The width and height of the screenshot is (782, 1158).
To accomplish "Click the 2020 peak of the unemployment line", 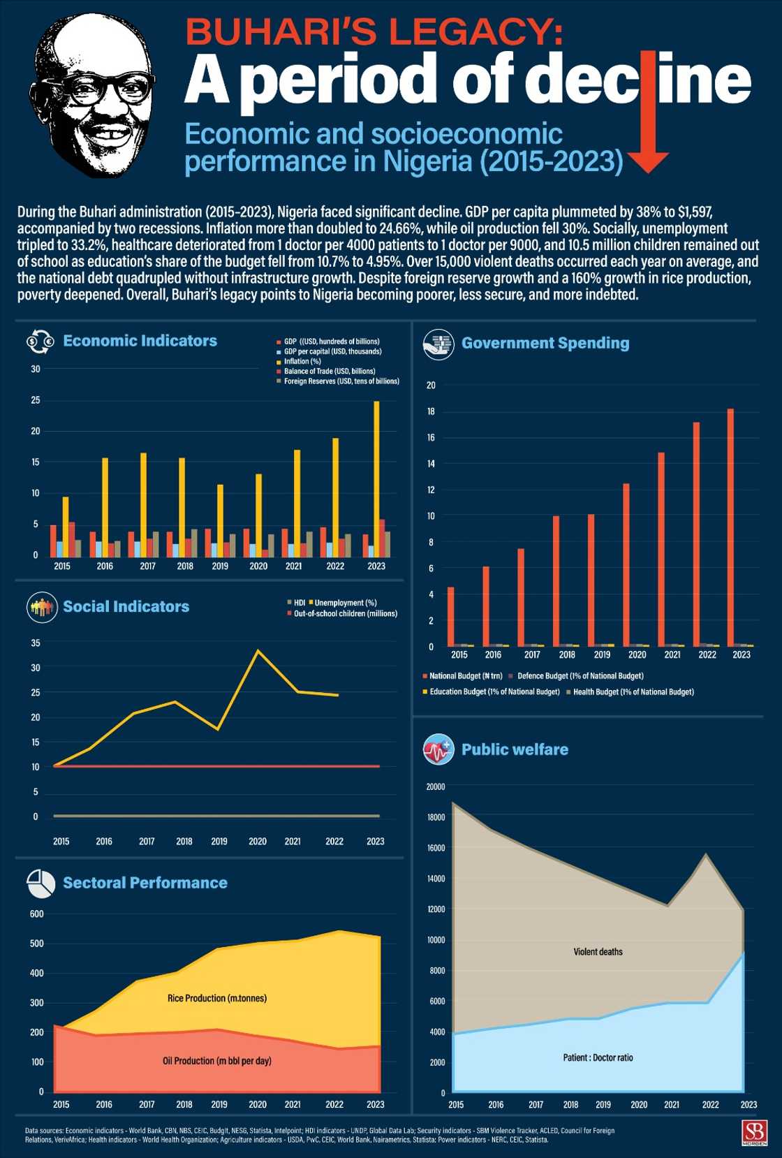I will (x=258, y=651).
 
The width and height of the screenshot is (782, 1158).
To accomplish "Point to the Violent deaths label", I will (x=598, y=951).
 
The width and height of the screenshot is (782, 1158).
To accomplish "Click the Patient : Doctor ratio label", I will (x=598, y=1057).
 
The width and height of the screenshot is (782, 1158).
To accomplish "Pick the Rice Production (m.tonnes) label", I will (x=217, y=998).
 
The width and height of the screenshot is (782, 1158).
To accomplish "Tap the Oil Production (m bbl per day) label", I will (x=217, y=1060).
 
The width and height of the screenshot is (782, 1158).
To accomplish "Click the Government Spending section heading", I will (x=545, y=343).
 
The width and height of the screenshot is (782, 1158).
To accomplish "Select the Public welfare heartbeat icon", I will (x=438, y=749).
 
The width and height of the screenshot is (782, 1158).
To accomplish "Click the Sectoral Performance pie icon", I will (x=41, y=884).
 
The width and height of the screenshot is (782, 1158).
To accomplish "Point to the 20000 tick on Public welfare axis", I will (x=436, y=786).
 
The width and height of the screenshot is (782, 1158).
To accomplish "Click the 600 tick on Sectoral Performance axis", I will (x=36, y=914).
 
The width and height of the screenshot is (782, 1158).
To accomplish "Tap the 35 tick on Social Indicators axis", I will (x=36, y=643).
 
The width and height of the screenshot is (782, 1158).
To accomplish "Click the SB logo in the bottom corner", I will (x=754, y=1132).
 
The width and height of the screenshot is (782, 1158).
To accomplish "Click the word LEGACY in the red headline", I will (x=475, y=31).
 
